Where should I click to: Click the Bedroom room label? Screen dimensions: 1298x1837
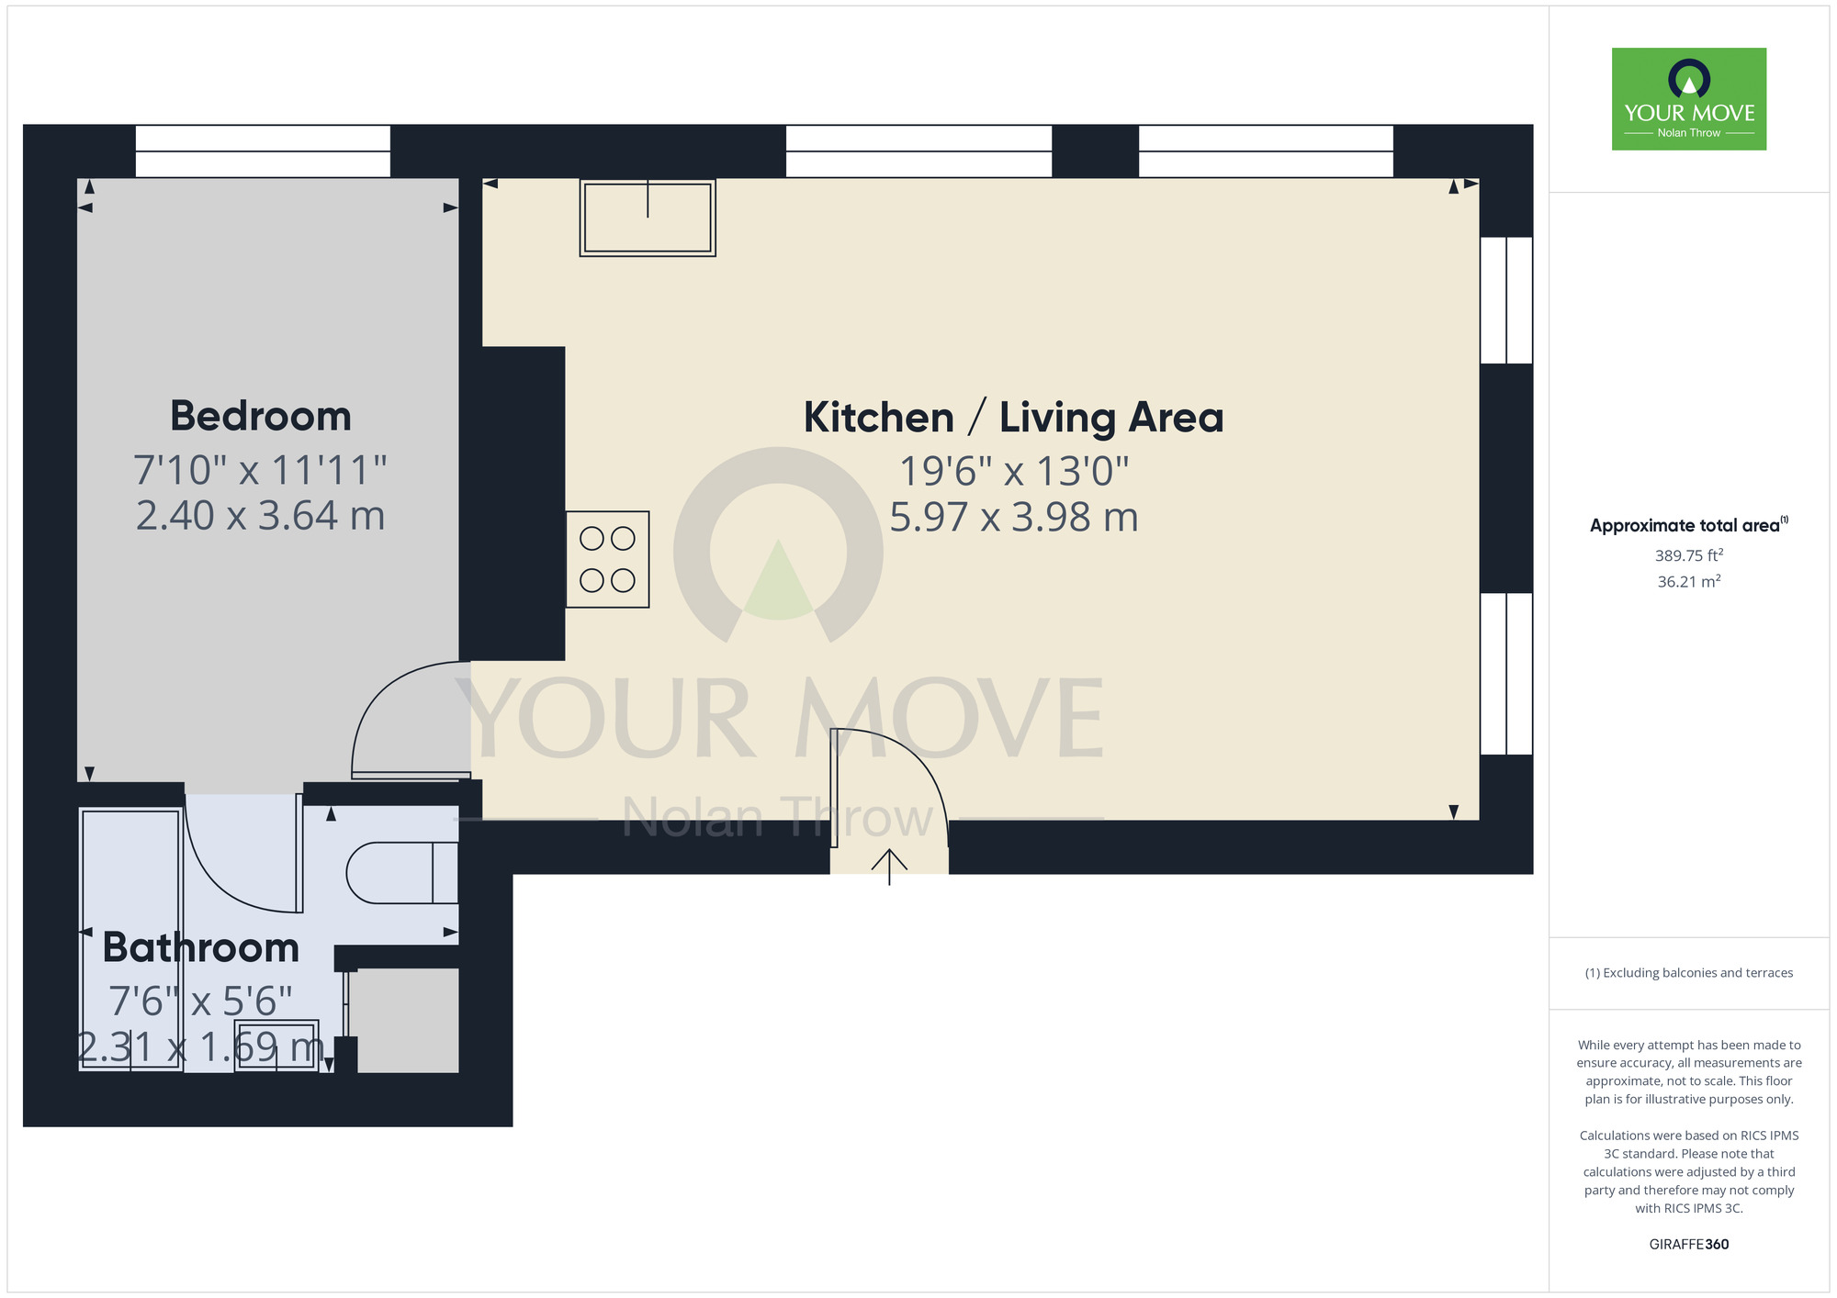261,416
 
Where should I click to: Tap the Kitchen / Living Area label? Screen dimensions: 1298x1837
1013,418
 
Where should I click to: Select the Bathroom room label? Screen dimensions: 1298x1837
201,947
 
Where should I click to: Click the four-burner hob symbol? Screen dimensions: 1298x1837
607,559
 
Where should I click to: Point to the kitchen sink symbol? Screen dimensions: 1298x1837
648,217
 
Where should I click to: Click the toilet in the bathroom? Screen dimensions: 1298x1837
401,872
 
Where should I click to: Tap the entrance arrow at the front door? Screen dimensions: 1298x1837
889,866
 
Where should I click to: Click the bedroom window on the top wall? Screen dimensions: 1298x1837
263,151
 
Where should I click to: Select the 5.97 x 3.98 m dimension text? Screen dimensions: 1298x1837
1013,517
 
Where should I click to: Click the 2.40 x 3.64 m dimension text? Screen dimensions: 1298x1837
261,515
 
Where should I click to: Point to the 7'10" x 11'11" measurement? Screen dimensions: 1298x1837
261,470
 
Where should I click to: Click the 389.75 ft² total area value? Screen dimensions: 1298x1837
1688,555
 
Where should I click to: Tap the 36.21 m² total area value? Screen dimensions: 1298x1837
1688,581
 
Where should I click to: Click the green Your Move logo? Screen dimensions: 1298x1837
1688,99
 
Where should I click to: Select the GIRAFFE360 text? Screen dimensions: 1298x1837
1688,1245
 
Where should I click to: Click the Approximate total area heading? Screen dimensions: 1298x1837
1688,525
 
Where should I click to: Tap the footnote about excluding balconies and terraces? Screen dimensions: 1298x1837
1688,973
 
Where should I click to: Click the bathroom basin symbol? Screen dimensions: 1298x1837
276,1046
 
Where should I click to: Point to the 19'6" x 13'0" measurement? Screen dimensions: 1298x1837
1013,471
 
